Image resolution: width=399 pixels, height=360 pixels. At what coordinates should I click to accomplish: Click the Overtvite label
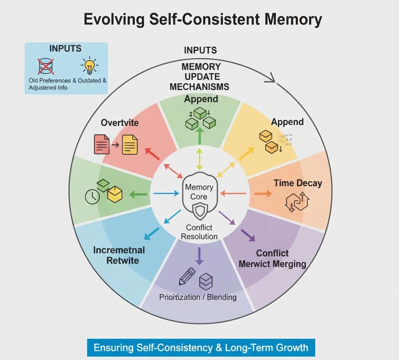click(120, 122)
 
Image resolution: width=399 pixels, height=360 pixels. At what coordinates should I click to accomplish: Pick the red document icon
click(102, 144)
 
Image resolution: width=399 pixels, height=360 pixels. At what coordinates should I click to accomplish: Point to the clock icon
click(92, 197)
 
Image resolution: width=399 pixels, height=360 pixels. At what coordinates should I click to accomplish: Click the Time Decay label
click(298, 183)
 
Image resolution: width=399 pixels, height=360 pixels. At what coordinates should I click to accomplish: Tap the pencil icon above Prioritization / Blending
click(187, 276)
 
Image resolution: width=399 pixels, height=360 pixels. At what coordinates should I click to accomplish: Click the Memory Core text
click(199, 192)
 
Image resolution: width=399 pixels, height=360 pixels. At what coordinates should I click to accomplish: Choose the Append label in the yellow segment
click(287, 122)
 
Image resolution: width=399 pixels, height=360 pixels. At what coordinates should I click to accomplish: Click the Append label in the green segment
click(201, 99)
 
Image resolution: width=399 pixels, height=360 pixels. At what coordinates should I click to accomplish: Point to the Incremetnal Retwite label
click(119, 255)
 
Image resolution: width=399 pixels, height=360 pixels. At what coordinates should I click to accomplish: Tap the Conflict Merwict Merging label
click(272, 259)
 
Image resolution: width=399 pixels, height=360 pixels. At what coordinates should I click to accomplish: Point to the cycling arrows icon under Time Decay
click(297, 203)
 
